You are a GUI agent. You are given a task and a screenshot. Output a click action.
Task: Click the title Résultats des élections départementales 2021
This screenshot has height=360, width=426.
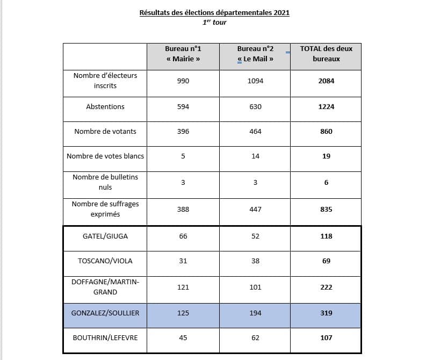(214, 12)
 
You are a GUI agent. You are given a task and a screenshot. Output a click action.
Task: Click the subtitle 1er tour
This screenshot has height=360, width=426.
(214, 23)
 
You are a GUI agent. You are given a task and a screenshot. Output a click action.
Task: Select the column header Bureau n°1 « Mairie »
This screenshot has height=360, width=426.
(183, 54)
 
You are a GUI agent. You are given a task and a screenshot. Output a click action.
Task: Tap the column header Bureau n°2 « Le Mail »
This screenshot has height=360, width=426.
(255, 54)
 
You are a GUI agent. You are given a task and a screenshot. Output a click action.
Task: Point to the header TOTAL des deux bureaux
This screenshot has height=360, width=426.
(326, 54)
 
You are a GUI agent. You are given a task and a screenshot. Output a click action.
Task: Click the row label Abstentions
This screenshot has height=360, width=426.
(105, 107)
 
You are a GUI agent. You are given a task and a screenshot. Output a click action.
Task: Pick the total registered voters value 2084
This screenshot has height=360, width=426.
(326, 81)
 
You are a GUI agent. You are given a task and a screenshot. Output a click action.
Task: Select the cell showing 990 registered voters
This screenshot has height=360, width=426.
(183, 81)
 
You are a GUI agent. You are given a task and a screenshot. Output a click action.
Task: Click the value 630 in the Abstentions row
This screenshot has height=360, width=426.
(255, 107)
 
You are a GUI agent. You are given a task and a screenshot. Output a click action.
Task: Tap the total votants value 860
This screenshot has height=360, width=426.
(326, 132)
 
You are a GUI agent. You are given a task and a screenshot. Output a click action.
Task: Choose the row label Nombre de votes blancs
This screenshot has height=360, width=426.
(105, 156)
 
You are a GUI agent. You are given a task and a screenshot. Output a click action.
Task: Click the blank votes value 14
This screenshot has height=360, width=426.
(255, 156)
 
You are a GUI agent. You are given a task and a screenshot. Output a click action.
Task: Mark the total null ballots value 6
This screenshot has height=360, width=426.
(326, 183)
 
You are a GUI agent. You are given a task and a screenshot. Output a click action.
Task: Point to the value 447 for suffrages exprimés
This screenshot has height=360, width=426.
(255, 209)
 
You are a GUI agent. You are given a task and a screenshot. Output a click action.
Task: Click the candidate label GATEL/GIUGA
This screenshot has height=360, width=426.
(105, 236)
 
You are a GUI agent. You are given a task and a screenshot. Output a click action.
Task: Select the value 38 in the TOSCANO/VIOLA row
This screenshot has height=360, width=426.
(255, 261)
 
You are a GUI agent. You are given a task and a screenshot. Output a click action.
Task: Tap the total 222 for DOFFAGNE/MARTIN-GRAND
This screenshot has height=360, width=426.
(326, 287)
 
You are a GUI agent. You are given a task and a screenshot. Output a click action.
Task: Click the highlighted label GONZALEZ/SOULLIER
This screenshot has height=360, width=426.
(105, 313)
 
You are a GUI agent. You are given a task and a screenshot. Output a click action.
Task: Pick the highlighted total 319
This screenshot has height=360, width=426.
(326, 313)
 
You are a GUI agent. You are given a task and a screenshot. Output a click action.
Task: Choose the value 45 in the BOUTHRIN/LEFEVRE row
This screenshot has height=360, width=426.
(183, 338)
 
